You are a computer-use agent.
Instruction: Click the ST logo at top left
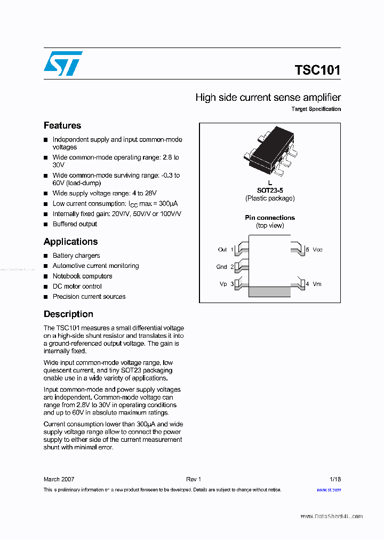click(x=63, y=63)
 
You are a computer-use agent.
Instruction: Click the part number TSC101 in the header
click(x=317, y=70)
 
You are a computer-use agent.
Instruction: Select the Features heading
click(x=62, y=125)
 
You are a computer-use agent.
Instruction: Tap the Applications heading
click(x=70, y=242)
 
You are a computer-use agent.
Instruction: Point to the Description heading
click(x=68, y=314)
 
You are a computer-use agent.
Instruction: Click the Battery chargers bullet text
click(x=76, y=256)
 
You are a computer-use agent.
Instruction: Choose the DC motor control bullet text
click(x=77, y=287)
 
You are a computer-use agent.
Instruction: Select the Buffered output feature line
click(x=75, y=224)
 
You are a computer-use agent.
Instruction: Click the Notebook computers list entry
click(x=82, y=276)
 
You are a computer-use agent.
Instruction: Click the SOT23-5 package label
click(x=270, y=190)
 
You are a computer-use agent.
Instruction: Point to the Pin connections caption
click(x=270, y=218)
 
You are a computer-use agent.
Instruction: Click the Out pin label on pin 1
click(x=222, y=250)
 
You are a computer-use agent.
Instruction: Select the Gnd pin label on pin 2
click(x=222, y=267)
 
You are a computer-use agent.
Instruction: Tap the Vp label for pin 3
click(x=223, y=284)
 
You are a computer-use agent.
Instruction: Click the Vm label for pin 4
click(x=317, y=284)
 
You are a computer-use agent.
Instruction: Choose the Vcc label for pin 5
click(x=317, y=250)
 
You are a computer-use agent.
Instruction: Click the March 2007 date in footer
click(x=59, y=479)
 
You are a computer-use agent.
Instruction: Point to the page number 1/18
click(x=335, y=479)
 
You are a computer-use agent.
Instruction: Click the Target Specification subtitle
click(x=316, y=109)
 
